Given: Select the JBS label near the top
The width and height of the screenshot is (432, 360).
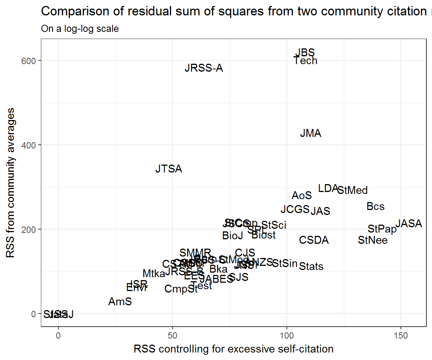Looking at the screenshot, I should pos(305,52).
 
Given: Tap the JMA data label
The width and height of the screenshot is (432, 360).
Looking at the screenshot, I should pos(310,133).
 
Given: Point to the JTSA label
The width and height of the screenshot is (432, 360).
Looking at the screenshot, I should pos(169,169).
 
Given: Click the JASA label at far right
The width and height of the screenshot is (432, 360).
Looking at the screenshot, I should pos(409,224).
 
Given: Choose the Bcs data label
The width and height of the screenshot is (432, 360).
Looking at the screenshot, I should pos(375,207).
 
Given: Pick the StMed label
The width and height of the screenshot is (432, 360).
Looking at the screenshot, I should pos(352,190).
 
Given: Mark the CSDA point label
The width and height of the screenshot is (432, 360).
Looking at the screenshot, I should pos(314,240).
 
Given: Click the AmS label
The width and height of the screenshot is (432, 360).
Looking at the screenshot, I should pos(120,301).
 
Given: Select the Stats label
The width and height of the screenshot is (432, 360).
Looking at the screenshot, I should pos(311,267).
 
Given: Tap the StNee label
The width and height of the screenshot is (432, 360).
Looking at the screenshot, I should pos(373,240).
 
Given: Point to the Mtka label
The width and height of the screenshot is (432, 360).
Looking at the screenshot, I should pos(154,274).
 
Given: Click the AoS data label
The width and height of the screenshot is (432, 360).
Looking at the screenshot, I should pos(301,196).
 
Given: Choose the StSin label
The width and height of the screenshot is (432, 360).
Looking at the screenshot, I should pos(285,263).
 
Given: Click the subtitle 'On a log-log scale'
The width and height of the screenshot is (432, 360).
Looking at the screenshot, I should pos(80,28).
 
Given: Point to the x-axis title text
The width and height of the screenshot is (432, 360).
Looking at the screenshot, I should pos(233,349).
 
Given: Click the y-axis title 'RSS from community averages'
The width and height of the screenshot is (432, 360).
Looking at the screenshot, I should pos(11,183).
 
